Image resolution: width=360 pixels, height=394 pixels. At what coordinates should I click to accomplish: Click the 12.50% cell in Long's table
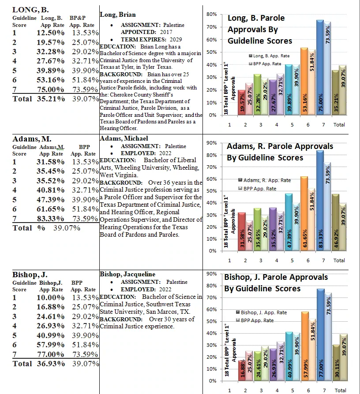coord(50,33)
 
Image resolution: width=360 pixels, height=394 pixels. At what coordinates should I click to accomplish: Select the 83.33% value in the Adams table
coord(50,219)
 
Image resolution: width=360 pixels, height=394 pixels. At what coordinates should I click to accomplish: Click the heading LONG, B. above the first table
coord(30,10)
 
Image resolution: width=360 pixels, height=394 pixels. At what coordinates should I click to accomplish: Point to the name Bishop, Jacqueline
coord(127,274)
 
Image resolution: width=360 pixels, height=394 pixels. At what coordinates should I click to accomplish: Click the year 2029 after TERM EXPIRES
coord(176,40)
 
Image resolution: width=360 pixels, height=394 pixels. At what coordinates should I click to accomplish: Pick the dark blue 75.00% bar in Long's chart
coord(320,67)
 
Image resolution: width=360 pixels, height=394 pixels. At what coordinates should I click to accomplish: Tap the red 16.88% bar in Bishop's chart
coord(242,371)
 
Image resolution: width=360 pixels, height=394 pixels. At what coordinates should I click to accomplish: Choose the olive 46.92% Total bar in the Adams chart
coord(336,223)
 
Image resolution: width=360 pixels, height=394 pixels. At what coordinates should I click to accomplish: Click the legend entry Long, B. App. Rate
coord(269,56)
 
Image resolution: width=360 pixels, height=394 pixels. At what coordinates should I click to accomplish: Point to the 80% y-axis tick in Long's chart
coord(212,14)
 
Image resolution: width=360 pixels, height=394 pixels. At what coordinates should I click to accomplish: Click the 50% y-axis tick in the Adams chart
coord(212,191)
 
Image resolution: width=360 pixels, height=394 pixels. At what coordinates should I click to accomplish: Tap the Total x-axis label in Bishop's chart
coord(341,390)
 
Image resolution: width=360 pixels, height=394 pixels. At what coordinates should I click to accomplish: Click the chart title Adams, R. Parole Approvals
coord(280,146)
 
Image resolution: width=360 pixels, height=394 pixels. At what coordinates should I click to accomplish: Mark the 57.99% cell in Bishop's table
coord(50,345)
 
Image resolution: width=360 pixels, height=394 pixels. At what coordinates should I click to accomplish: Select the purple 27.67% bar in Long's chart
coord(273,97)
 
